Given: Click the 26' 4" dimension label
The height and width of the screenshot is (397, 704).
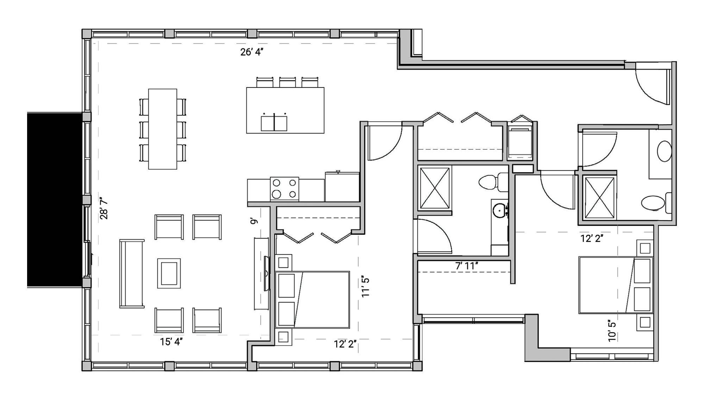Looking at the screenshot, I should coord(252,52).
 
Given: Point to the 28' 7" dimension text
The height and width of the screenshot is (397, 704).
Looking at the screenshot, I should coord(104,208).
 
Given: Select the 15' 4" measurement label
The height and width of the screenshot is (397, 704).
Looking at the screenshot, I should coord(171,342).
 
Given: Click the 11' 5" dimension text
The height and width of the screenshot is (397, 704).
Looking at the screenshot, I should coord(366,287).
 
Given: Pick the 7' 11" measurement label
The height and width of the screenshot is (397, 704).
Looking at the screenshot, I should coord(467,266).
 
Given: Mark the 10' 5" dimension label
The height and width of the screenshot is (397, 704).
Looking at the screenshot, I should coord(612,330).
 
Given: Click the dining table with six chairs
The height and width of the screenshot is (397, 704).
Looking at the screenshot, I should coord(163,129).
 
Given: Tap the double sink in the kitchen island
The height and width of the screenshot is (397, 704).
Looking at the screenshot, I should coord(274,123).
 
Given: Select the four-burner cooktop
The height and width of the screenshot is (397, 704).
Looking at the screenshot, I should coord(284,189).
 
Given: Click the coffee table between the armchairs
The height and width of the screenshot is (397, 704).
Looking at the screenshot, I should coord(169,273).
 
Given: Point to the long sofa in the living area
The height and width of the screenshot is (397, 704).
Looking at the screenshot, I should coord(132,274).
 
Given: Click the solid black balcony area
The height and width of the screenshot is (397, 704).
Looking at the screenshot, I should coord(55,200).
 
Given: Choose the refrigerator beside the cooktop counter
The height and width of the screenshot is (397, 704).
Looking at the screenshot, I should coord(342,187).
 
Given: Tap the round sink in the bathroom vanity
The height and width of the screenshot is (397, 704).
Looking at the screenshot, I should coord(499,211).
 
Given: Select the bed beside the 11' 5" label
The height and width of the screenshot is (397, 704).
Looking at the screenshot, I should coord(313,300).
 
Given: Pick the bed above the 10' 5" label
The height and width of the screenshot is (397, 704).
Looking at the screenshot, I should coord(615,285).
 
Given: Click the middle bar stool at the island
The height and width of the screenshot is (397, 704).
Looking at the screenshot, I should coord(287,83).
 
